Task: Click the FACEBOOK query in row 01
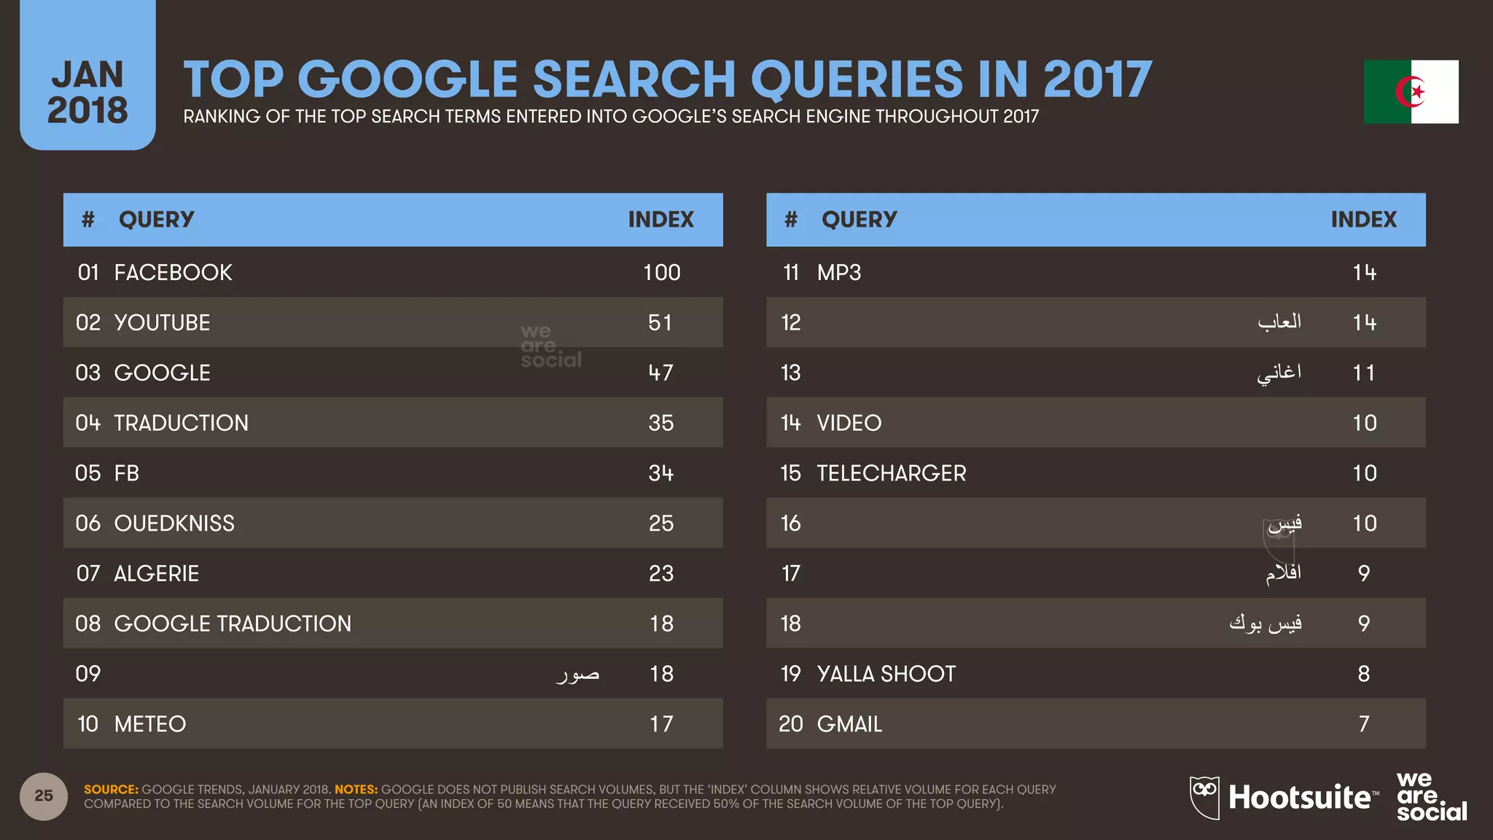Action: click(x=173, y=273)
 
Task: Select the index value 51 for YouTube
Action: click(x=660, y=322)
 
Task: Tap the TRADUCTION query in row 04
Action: click(x=181, y=423)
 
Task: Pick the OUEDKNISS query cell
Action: click(x=174, y=524)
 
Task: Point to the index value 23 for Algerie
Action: click(x=661, y=574)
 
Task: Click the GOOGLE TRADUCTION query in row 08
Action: click(x=233, y=624)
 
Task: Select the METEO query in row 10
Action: click(x=150, y=724)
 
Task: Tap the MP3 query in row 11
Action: click(x=839, y=273)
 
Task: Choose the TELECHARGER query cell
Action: click(x=891, y=473)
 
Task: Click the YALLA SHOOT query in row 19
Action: click(x=886, y=674)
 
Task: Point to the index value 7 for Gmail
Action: click(x=1364, y=724)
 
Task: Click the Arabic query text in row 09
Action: click(x=578, y=674)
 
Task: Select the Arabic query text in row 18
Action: click(x=1266, y=624)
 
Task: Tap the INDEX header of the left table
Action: click(x=660, y=219)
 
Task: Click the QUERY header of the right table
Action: click(x=859, y=219)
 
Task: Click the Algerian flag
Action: click(x=1411, y=92)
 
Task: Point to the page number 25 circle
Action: click(x=44, y=796)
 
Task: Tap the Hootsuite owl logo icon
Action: click(x=1204, y=796)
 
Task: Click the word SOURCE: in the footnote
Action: click(x=111, y=790)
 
